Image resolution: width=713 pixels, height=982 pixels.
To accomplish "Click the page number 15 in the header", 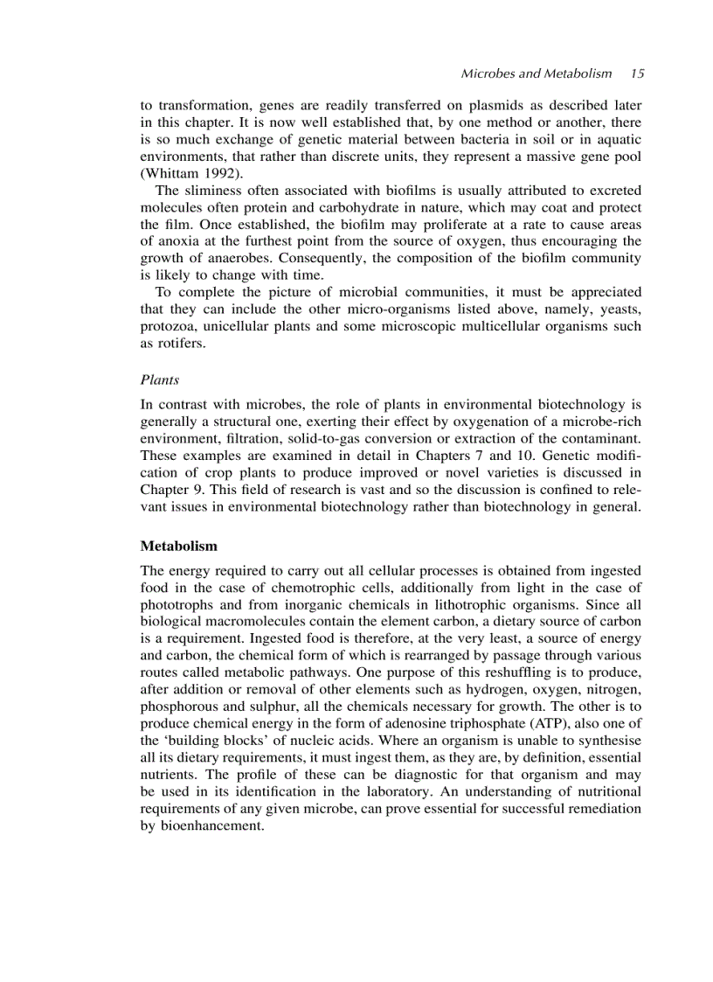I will pyautogui.click(x=637, y=73).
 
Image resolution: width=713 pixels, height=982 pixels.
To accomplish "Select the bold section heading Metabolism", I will pyautogui.click(x=178, y=546).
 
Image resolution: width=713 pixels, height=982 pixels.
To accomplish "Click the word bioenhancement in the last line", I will pyautogui.click(x=211, y=825).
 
